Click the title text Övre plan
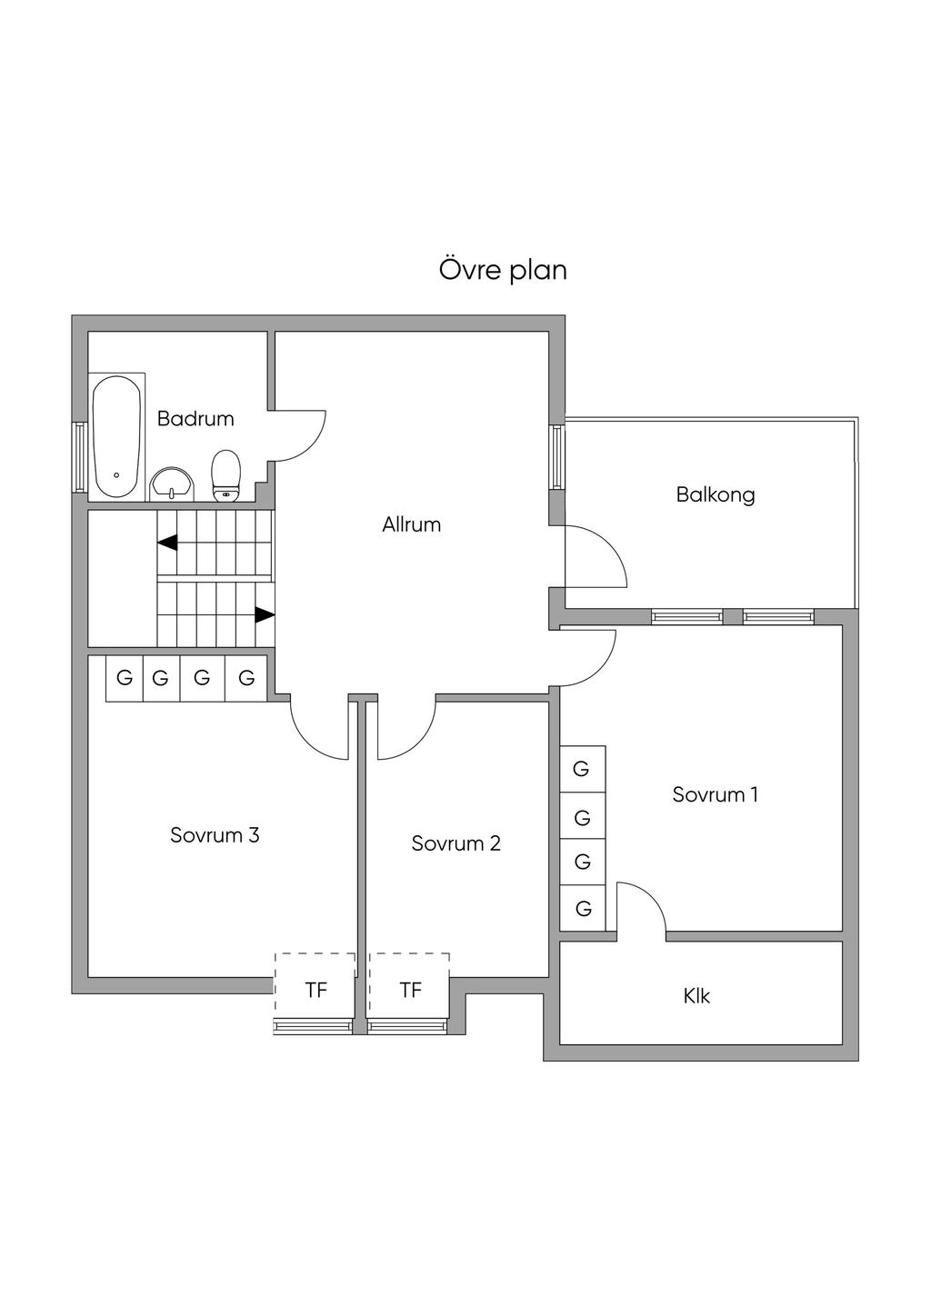click(503, 270)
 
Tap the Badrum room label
click(195, 419)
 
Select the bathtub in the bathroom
click(117, 435)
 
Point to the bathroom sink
click(172, 484)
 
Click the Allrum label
click(411, 524)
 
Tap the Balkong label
click(716, 495)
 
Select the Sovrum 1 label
click(715, 794)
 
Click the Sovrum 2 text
click(455, 843)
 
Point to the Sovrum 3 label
click(215, 835)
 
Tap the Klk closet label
click(696, 996)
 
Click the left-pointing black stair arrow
click(167, 543)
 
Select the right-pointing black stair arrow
click(264, 615)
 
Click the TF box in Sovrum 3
click(315, 990)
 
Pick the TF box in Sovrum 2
click(410, 990)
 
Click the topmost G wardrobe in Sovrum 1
click(582, 769)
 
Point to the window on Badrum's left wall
click(80, 456)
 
